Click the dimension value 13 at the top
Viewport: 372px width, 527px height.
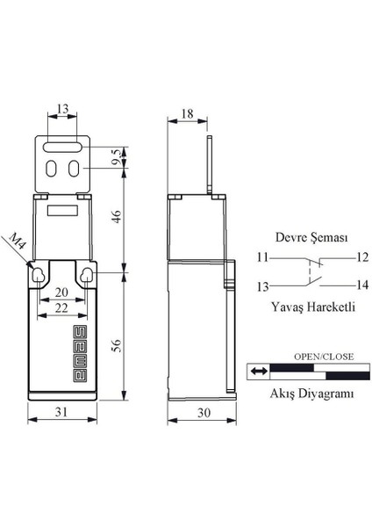point(61,109)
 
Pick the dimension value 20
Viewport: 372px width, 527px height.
point(61,293)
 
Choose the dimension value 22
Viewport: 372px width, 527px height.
point(61,309)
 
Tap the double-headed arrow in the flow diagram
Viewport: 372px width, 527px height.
point(257,372)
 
